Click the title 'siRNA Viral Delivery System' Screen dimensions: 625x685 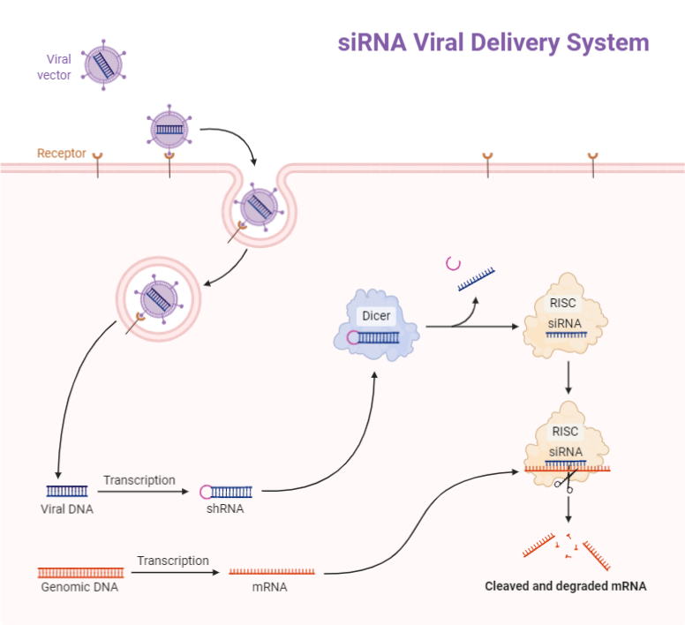pos(493,42)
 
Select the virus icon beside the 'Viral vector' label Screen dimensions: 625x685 pos(104,64)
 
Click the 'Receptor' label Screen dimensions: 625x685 pos(62,154)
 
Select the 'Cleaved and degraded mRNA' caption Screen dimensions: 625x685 pos(566,585)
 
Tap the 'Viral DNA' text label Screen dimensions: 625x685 pos(66,509)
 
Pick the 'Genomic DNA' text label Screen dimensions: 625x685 pos(79,587)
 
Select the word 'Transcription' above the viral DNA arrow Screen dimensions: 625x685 pos(139,480)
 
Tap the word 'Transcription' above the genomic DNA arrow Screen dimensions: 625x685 pos(172,561)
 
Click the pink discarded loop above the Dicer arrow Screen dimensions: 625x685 pos(454,262)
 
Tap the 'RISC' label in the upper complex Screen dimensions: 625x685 pos(563,303)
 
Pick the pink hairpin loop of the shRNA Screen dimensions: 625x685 pos(206,491)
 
